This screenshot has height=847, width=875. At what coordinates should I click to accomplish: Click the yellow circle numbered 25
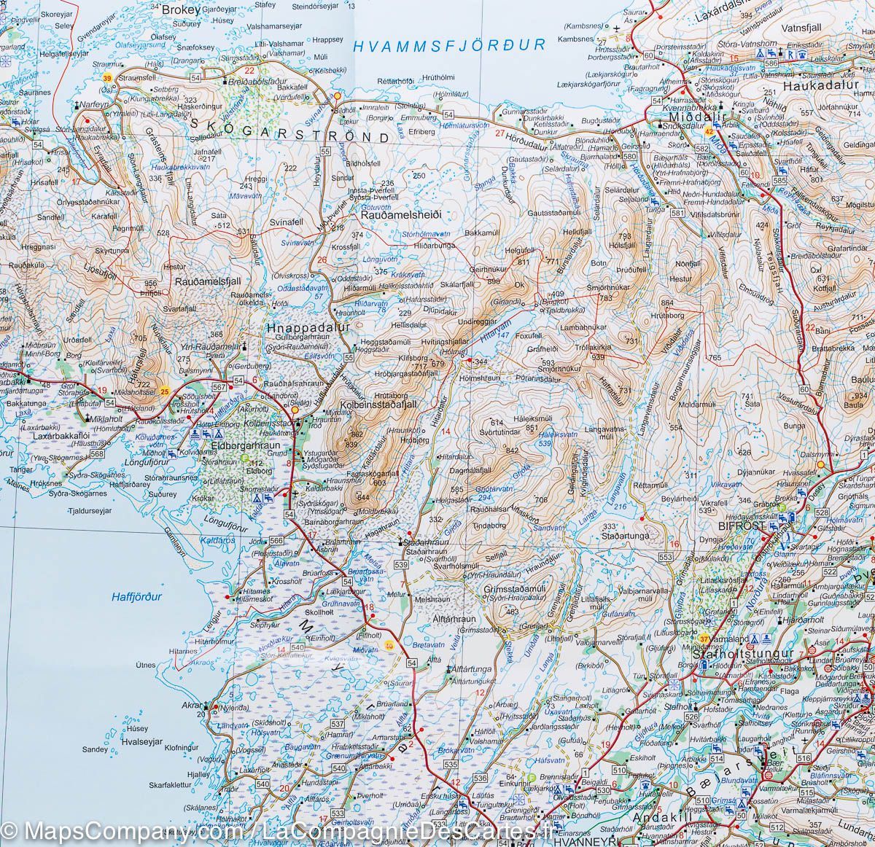tap(166, 393)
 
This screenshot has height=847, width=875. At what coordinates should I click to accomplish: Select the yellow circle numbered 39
tap(107, 78)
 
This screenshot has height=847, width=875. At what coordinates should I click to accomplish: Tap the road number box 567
tap(218, 387)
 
